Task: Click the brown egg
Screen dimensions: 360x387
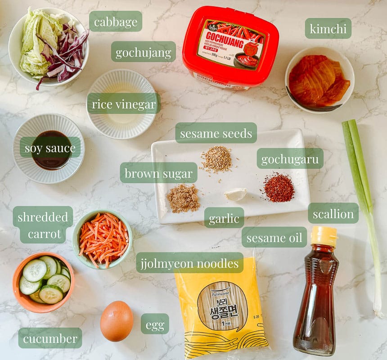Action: click(117, 321)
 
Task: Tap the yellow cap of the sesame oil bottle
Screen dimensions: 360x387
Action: click(324, 235)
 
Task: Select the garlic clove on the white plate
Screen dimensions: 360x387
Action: click(236, 194)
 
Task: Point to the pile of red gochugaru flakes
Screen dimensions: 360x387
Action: click(279, 187)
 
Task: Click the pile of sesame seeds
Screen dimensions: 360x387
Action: click(216, 159)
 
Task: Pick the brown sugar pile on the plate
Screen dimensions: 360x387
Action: click(183, 198)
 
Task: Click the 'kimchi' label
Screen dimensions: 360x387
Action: click(328, 28)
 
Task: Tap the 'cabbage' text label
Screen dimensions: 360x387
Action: click(116, 21)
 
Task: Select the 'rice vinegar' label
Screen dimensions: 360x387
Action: click(124, 104)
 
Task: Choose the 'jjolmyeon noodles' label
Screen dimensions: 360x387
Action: click(189, 263)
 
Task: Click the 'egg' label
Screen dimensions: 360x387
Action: click(155, 324)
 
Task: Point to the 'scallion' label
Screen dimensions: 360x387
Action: click(333, 213)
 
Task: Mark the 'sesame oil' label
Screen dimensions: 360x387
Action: click(274, 237)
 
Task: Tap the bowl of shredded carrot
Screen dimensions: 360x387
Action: click(103, 238)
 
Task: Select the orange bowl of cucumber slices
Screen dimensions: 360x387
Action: click(44, 282)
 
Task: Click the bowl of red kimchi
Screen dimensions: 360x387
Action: click(319, 80)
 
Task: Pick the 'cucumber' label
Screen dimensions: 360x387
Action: click(50, 338)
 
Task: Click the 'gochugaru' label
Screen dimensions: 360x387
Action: click(290, 158)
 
